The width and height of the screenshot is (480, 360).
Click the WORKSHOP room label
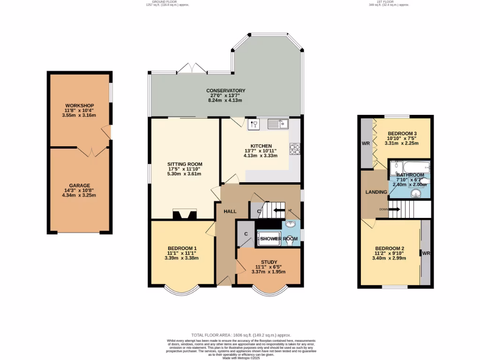(x=80, y=105)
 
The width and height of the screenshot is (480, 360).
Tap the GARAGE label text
(x=80, y=185)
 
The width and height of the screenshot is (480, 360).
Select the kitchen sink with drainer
(x=278, y=124)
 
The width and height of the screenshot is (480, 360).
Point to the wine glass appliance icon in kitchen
(x=254, y=124)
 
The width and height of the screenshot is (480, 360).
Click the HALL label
(x=230, y=212)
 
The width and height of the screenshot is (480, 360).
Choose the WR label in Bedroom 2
(x=426, y=253)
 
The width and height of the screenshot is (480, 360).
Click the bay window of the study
(x=269, y=290)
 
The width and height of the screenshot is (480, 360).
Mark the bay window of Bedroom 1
(x=182, y=291)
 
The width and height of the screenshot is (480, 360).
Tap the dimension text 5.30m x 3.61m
(x=184, y=174)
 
